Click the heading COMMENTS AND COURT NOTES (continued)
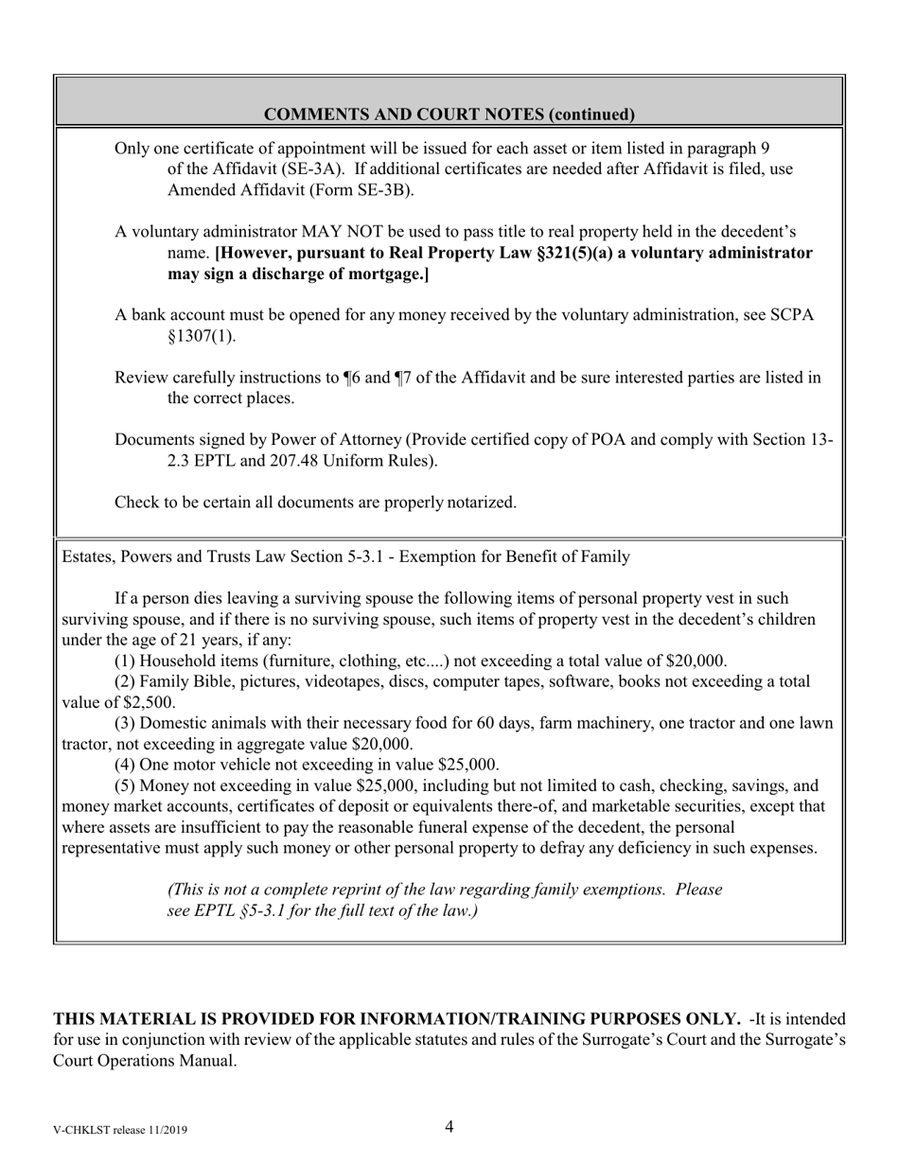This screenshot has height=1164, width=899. pos(449,115)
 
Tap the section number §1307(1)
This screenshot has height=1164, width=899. pos(202,336)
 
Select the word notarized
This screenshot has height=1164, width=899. pos(482,503)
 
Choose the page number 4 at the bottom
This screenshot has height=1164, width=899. pos(449,1126)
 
